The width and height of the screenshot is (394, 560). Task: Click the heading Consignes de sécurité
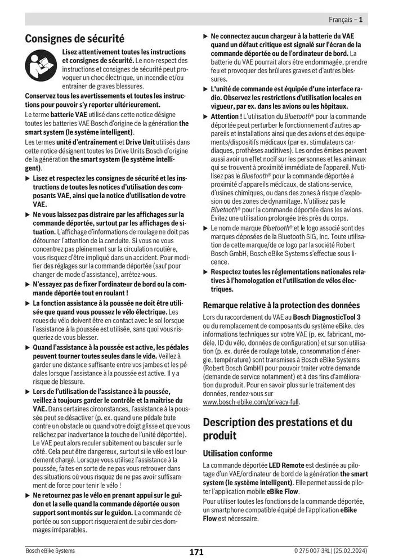click(x=74, y=39)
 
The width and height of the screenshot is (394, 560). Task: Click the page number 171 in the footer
click(x=196, y=552)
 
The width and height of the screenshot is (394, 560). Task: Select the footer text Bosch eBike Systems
click(x=50, y=550)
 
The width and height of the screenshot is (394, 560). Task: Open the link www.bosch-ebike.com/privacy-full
click(x=252, y=402)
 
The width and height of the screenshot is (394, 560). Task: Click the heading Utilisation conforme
click(x=238, y=453)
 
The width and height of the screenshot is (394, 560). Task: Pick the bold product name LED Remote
click(x=286, y=465)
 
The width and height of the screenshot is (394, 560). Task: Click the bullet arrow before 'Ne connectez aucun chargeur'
click(x=205, y=36)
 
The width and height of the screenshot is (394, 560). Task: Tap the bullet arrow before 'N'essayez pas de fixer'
click(x=28, y=285)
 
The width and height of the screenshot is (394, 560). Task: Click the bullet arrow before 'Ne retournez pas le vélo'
click(x=28, y=495)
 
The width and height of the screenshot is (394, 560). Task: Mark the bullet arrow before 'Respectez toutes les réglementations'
click(x=205, y=272)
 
